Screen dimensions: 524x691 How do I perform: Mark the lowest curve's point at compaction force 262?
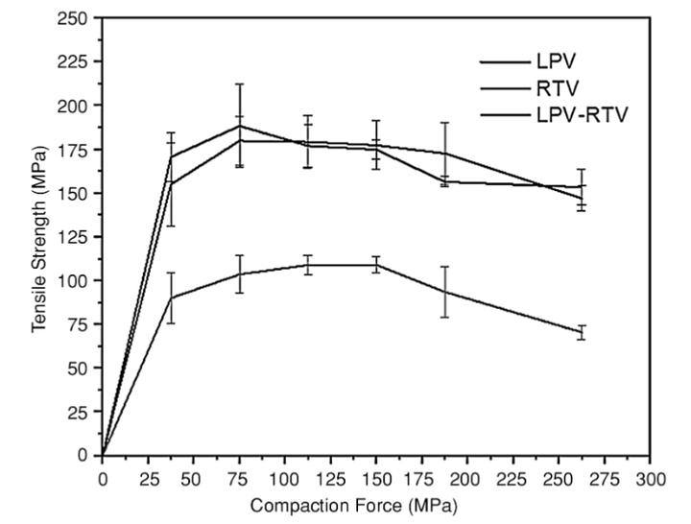pyautogui.click(x=581, y=332)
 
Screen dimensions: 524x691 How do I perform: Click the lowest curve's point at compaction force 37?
pyautogui.click(x=171, y=298)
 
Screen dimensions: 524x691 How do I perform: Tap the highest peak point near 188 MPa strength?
pyautogui.click(x=239, y=126)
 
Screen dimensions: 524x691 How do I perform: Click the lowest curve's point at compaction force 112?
pyautogui.click(x=307, y=265)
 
